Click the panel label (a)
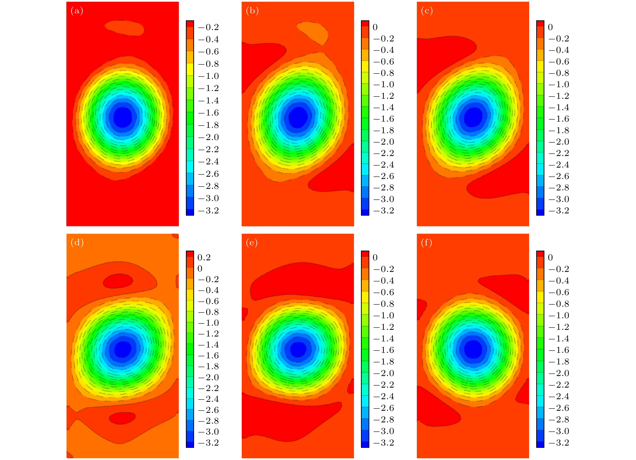[77, 11]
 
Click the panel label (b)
[252, 11]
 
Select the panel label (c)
[427, 11]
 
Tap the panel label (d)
[77, 242]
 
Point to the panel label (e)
[251, 242]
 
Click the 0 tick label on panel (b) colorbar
[375, 27]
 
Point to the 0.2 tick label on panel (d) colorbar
[204, 257]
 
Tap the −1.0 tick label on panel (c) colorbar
[559, 84]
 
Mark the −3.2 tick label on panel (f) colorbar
[559, 443]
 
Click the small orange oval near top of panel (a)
[125, 28]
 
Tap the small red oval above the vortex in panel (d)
[118, 281]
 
